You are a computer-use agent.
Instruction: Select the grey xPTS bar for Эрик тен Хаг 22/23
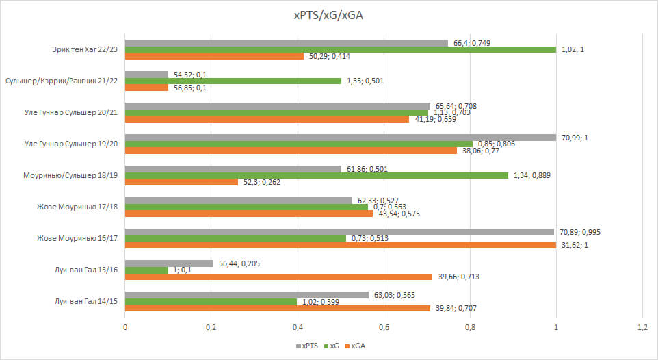tap(286, 43)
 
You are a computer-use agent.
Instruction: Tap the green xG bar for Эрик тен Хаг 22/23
tap(340, 50)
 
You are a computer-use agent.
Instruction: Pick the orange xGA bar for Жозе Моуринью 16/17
tap(340, 245)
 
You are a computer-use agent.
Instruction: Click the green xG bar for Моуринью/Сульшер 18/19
tap(316, 175)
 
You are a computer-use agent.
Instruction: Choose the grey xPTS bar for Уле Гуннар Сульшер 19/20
tap(340, 138)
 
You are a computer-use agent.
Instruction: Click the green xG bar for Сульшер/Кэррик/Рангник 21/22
tap(233, 81)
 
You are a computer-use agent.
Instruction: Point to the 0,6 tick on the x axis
tap(384, 328)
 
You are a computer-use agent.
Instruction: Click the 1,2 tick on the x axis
tap(642, 328)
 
